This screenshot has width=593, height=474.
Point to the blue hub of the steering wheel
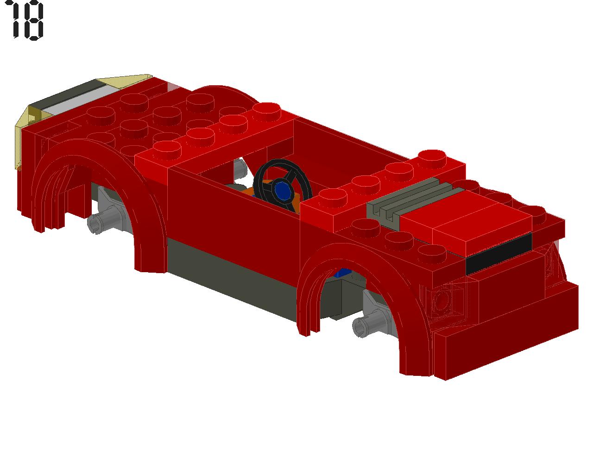pos(283,189)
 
